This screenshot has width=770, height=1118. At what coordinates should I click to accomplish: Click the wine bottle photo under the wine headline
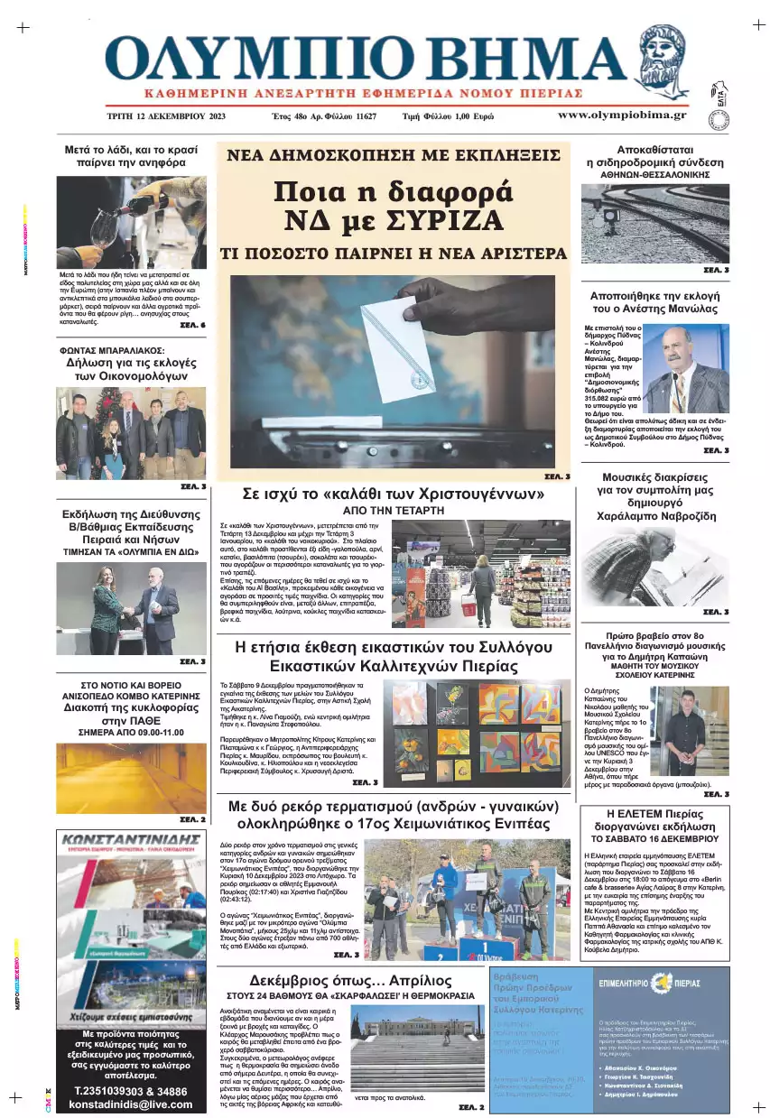coord(131,222)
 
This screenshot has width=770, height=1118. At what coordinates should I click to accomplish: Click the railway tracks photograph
coord(654,224)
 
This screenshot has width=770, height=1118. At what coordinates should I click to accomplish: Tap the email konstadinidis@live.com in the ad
coord(132,1104)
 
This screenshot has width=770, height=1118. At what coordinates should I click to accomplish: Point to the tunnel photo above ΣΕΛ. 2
coord(132,778)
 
